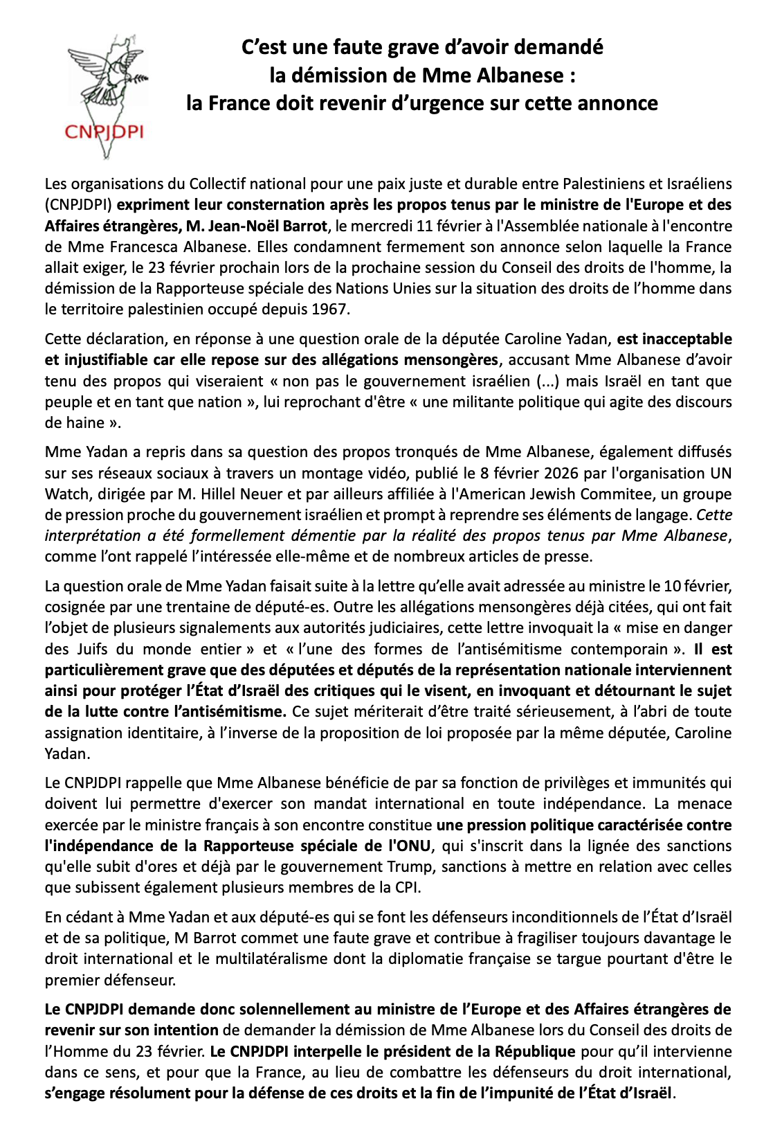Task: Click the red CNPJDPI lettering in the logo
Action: tap(104, 132)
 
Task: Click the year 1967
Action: tap(329, 310)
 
